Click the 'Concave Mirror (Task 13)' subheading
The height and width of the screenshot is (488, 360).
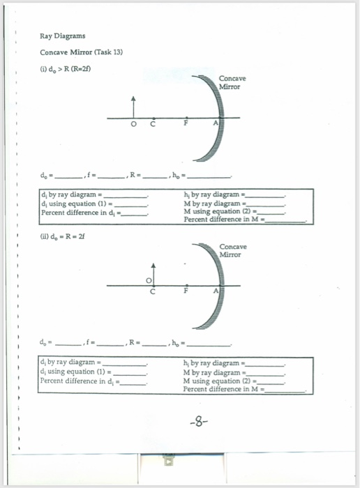(x=82, y=52)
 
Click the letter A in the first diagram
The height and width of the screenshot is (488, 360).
(x=216, y=123)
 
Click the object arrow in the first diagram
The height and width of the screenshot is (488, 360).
(x=133, y=107)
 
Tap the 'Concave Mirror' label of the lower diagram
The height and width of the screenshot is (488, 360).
(x=230, y=251)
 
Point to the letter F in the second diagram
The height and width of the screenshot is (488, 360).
(x=186, y=291)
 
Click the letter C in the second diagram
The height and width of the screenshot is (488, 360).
(x=153, y=292)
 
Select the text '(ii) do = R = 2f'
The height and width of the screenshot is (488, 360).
(x=62, y=237)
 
